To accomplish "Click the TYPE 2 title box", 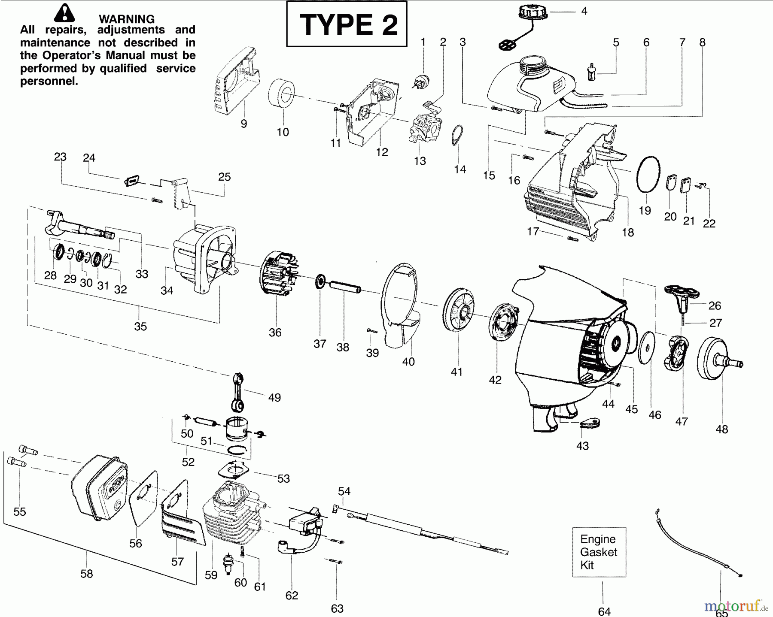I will click(x=346, y=24).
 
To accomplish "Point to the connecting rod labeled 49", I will click(x=237, y=391).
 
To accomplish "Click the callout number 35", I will click(x=140, y=327).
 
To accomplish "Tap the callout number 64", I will click(x=604, y=611).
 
